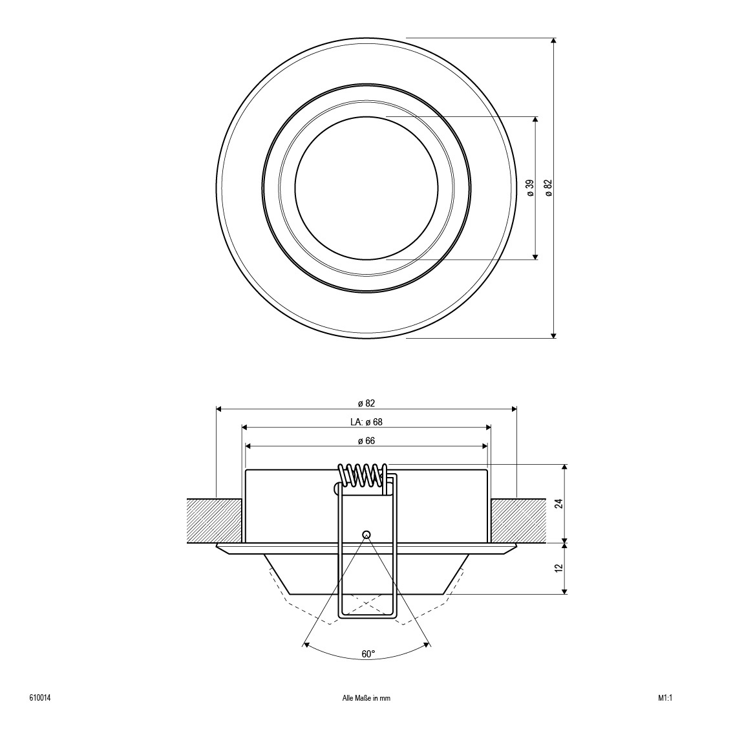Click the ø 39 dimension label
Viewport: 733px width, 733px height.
click(x=530, y=187)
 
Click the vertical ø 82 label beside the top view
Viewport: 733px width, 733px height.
click(x=548, y=187)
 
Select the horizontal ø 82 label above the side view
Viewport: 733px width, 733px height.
click(x=366, y=403)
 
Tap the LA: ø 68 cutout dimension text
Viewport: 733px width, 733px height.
click(x=366, y=421)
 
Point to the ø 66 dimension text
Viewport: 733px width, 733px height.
click(x=366, y=441)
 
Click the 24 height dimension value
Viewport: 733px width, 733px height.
click(x=559, y=504)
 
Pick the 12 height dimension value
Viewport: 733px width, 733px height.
click(x=559, y=568)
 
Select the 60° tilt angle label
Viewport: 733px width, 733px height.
click(x=368, y=654)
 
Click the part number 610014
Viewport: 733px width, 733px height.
click(x=40, y=698)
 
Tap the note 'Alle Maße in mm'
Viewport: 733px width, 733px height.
click(x=366, y=698)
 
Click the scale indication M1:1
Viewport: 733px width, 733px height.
click(x=665, y=698)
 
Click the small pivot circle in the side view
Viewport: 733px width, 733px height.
click(x=366, y=535)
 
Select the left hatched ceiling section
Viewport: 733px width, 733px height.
click(x=215, y=521)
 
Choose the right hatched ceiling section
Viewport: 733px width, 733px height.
click(x=518, y=521)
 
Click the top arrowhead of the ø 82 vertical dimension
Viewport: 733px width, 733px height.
click(x=554, y=41)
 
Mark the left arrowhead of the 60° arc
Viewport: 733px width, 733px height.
click(x=306, y=644)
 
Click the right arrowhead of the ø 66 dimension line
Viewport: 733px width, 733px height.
click(x=485, y=447)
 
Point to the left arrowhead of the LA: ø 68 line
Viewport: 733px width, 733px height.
click(x=245, y=427)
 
